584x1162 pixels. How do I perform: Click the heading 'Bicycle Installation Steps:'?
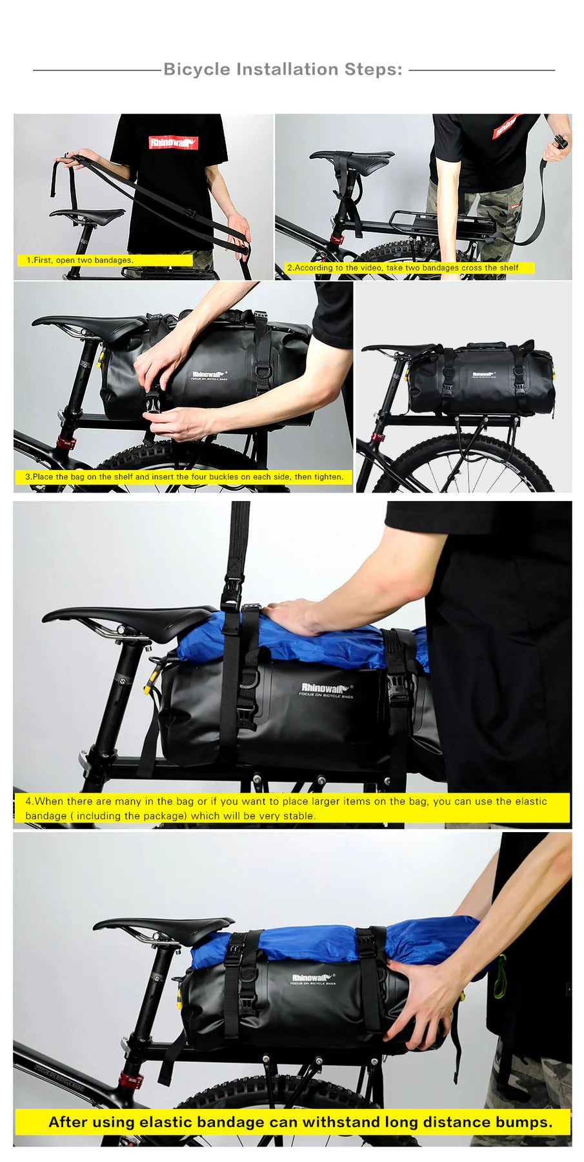[283, 69]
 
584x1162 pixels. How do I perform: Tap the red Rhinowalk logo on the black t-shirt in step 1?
[173, 142]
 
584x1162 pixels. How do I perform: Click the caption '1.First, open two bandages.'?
[79, 260]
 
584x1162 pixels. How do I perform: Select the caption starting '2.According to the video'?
[403, 267]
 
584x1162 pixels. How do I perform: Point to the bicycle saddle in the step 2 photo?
[352, 157]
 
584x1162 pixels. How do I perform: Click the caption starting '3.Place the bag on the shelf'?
[184, 476]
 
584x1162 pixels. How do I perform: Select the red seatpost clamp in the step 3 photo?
[66, 442]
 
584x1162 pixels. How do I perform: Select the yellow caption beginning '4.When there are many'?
[290, 808]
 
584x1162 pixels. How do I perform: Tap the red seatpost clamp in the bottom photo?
[131, 1079]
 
